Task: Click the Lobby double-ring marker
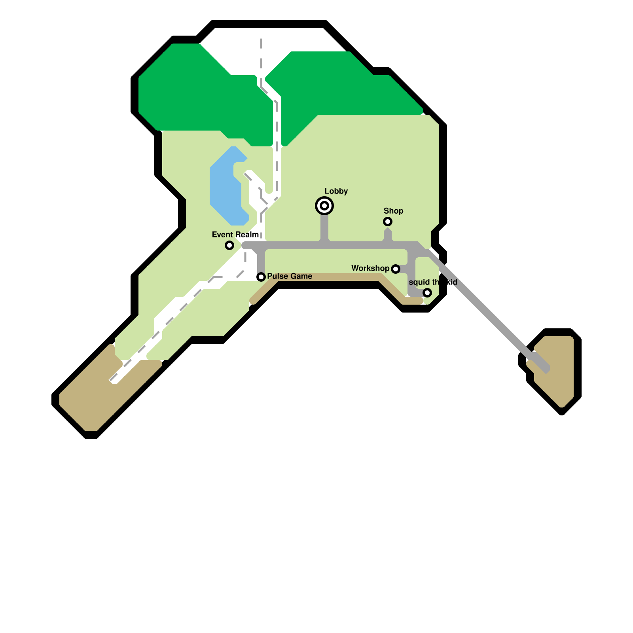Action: [324, 206]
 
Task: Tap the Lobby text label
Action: [336, 191]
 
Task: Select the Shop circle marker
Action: [388, 222]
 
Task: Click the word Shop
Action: [393, 211]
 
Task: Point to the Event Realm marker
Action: [229, 245]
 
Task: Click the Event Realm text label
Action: [235, 235]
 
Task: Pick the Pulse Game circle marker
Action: [261, 277]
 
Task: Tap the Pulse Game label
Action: [290, 276]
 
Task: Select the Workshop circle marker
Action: [396, 269]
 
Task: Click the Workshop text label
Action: [370, 268]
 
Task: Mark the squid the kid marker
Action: [427, 293]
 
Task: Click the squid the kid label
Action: [433, 282]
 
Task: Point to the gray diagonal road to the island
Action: [491, 313]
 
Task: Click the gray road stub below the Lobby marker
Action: [324, 227]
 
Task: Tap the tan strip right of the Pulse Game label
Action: [348, 277]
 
